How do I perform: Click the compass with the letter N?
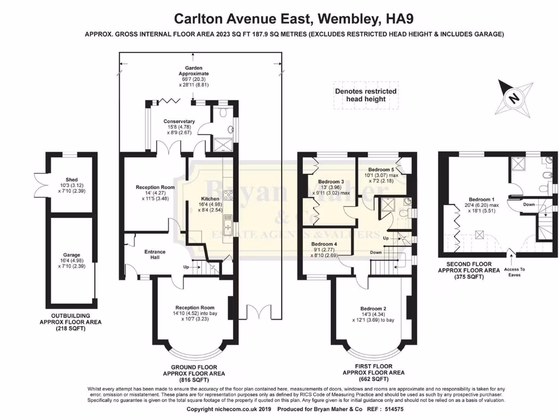(x=514, y=98)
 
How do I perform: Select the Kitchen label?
(x=210, y=199)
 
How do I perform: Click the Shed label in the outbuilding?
(x=72, y=179)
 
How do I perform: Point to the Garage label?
(x=72, y=255)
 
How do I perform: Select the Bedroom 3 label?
(x=330, y=182)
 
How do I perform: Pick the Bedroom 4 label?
(x=325, y=244)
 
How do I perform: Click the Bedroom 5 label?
(x=382, y=170)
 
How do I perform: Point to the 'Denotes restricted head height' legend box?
(x=366, y=95)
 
